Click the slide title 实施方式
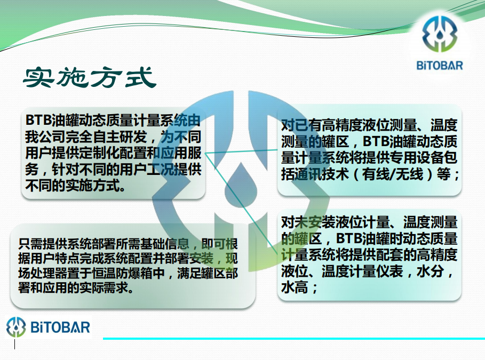click(x=90, y=77)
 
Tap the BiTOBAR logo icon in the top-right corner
click(x=440, y=34)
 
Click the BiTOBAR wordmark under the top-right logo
click(x=440, y=66)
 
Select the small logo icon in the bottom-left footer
click(x=16, y=327)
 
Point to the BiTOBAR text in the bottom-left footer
click(x=60, y=327)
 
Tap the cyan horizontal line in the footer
click(x=294, y=339)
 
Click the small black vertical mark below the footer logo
click(x=14, y=345)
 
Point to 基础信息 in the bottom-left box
click(x=164, y=244)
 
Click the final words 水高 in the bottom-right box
click(x=295, y=287)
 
